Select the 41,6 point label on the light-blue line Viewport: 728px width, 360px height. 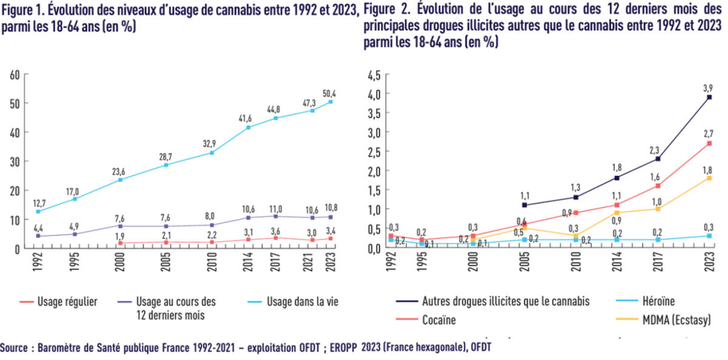point(246,117)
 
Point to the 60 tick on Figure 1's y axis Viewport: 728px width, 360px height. point(15,74)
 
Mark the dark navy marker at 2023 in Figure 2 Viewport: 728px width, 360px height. point(709,97)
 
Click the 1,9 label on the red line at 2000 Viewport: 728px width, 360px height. point(120,236)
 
